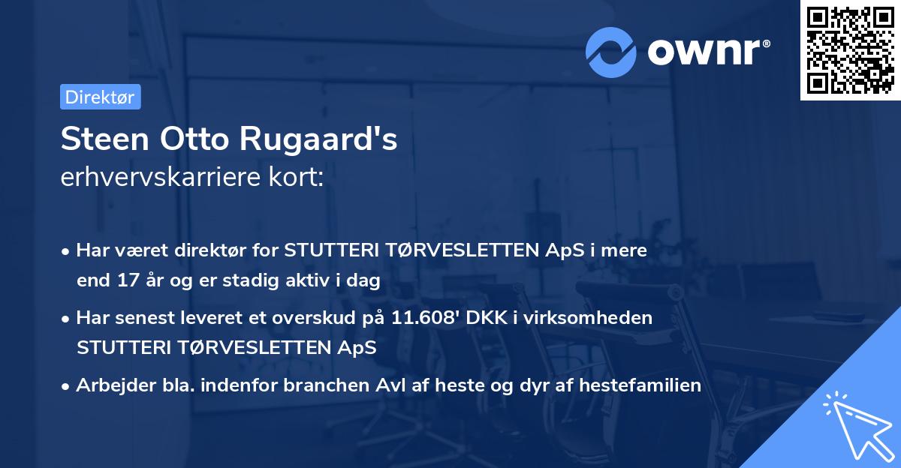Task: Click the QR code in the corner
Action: pyautogui.click(x=850, y=49)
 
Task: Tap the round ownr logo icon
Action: pyautogui.click(x=611, y=52)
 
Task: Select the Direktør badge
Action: pyautogui.click(x=100, y=97)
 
